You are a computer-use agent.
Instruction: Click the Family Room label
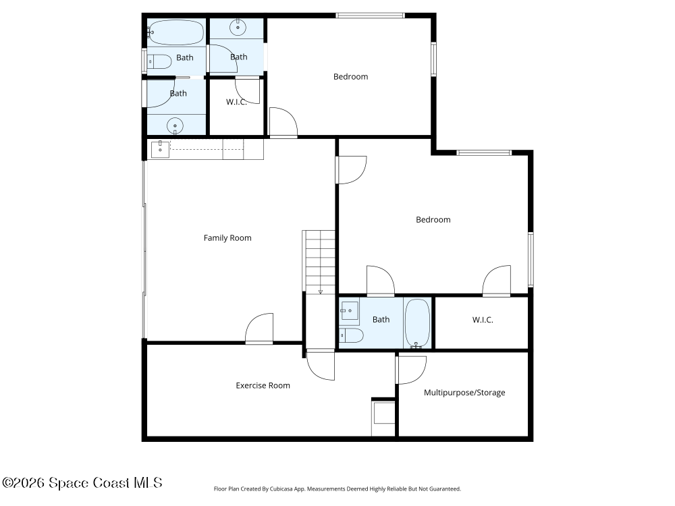pos(227,238)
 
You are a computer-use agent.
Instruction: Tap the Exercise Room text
pos(263,386)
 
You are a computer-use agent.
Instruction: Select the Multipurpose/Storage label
pos(464,393)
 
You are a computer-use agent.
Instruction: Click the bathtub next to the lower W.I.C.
pos(417,323)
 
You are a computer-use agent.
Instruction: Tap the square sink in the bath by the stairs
pos(350,312)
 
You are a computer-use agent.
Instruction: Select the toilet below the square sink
pos(352,335)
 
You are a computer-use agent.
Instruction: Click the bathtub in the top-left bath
pos(175,32)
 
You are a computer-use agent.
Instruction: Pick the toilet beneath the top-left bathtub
pos(160,62)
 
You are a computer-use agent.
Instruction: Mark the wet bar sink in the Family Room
pos(160,148)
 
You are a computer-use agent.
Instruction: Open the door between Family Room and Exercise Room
pos(260,329)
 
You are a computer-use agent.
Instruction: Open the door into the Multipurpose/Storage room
pos(410,370)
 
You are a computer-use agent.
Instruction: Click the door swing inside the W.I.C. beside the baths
pos(248,90)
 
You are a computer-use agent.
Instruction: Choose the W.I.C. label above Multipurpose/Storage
pos(482,320)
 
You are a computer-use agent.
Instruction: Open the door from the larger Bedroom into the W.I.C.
pos(497,281)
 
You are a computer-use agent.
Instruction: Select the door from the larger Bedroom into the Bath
pos(380,281)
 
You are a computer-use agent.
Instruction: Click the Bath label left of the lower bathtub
pos(381,320)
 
